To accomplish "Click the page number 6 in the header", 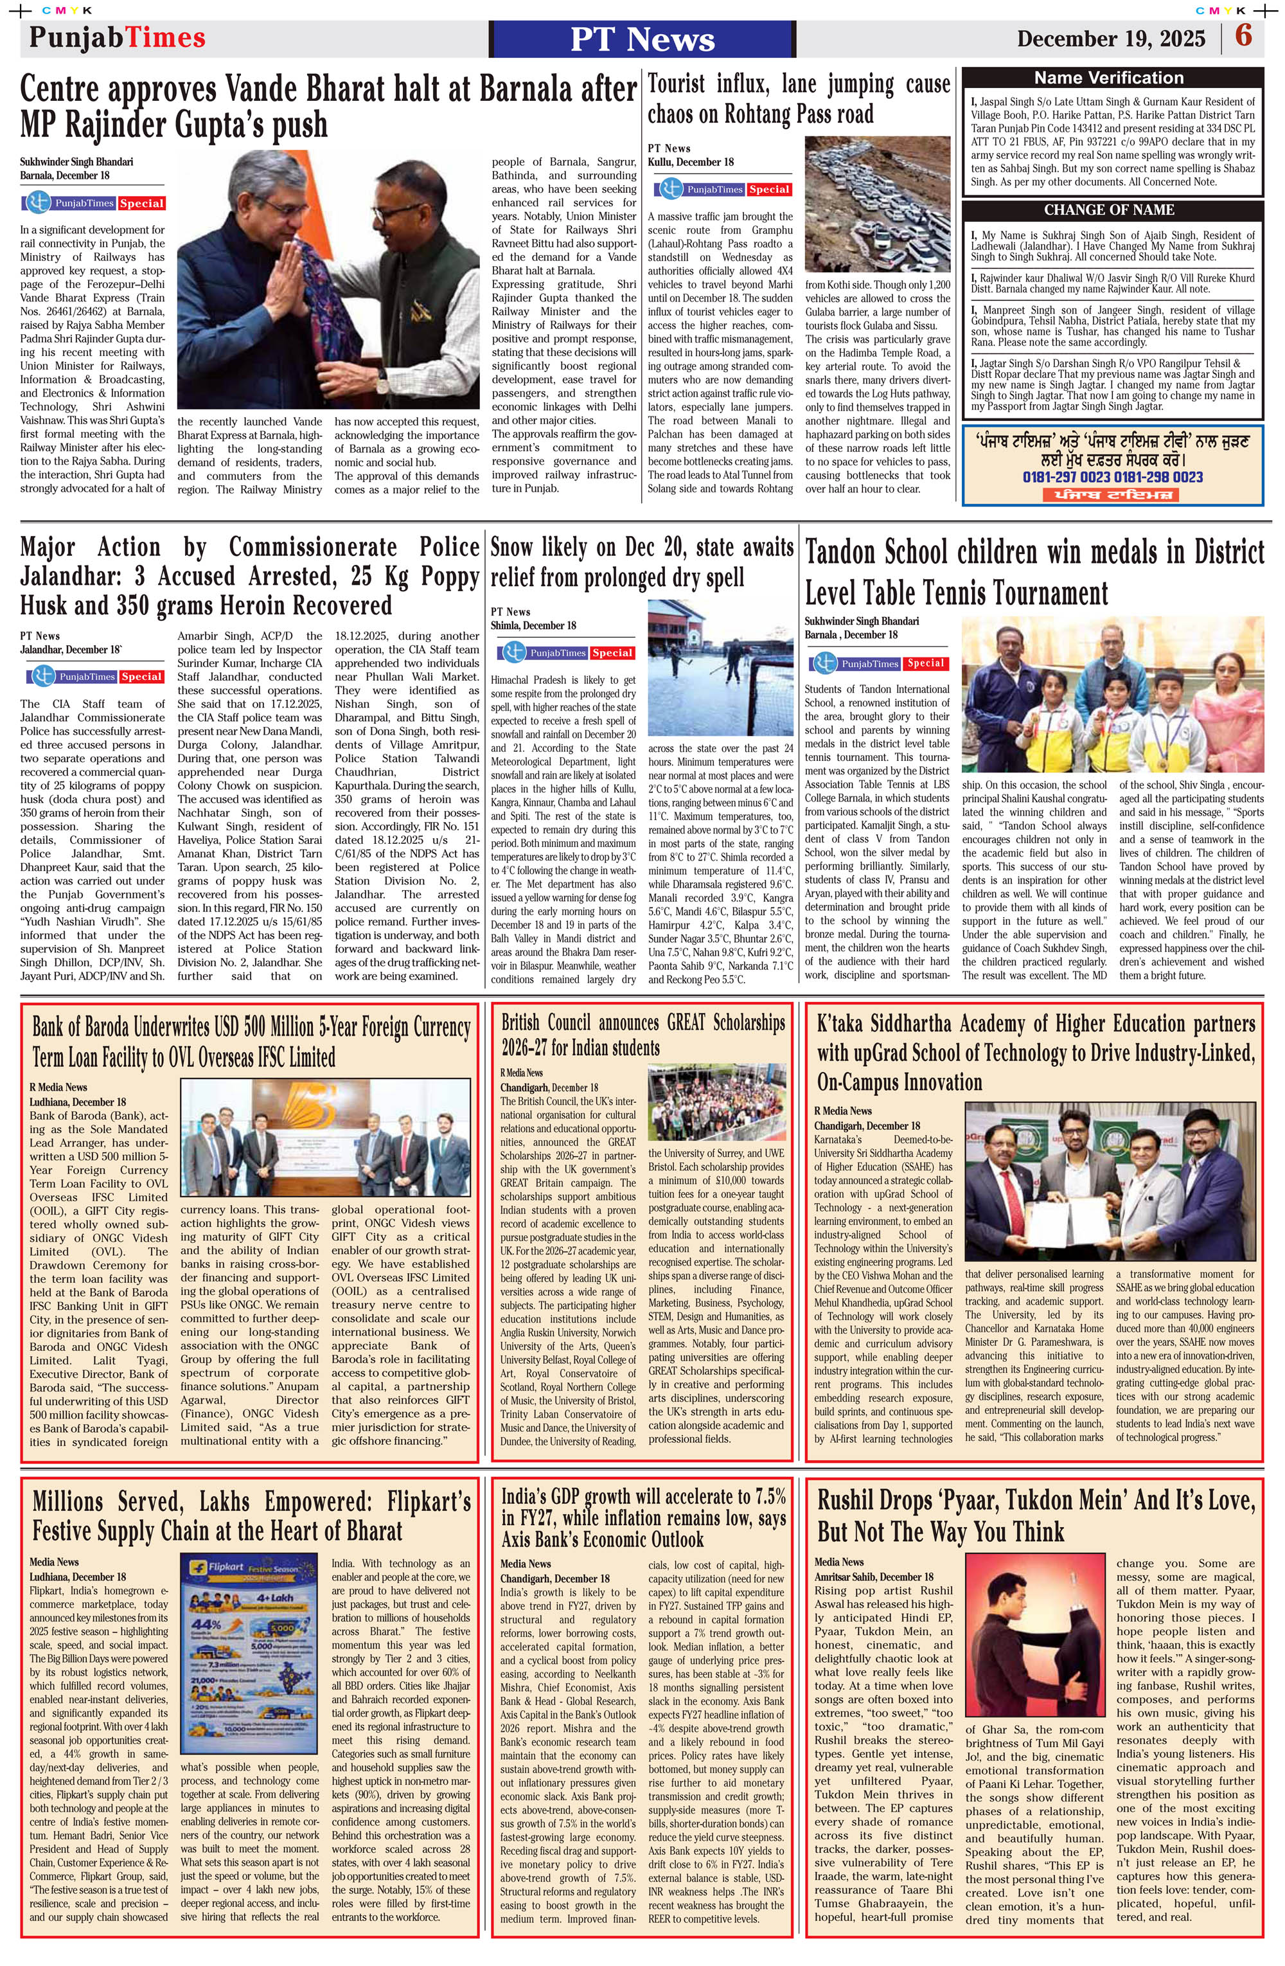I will click(x=1244, y=37).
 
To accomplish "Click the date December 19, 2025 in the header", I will click(x=1111, y=39).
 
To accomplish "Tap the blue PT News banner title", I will click(x=642, y=40).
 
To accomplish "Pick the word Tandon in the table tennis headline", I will click(x=851, y=553).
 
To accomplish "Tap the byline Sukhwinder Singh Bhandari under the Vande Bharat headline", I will click(x=76, y=162).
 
